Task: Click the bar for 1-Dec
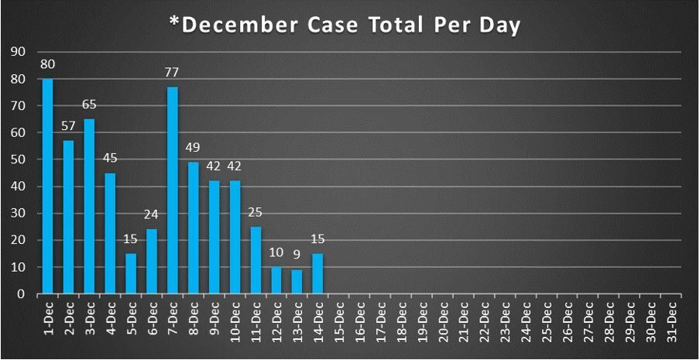click(x=47, y=186)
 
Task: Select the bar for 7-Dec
click(x=172, y=190)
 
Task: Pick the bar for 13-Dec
click(x=297, y=282)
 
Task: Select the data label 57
click(x=68, y=127)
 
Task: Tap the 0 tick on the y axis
click(x=21, y=294)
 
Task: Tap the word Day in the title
click(x=502, y=25)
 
